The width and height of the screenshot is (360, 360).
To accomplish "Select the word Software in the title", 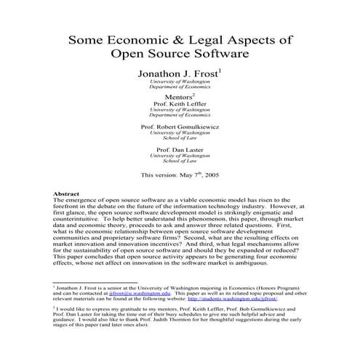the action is click(222, 53).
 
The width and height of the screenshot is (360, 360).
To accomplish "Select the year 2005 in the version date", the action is click(211, 175).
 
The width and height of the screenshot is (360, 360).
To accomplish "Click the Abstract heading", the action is click(66, 193).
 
